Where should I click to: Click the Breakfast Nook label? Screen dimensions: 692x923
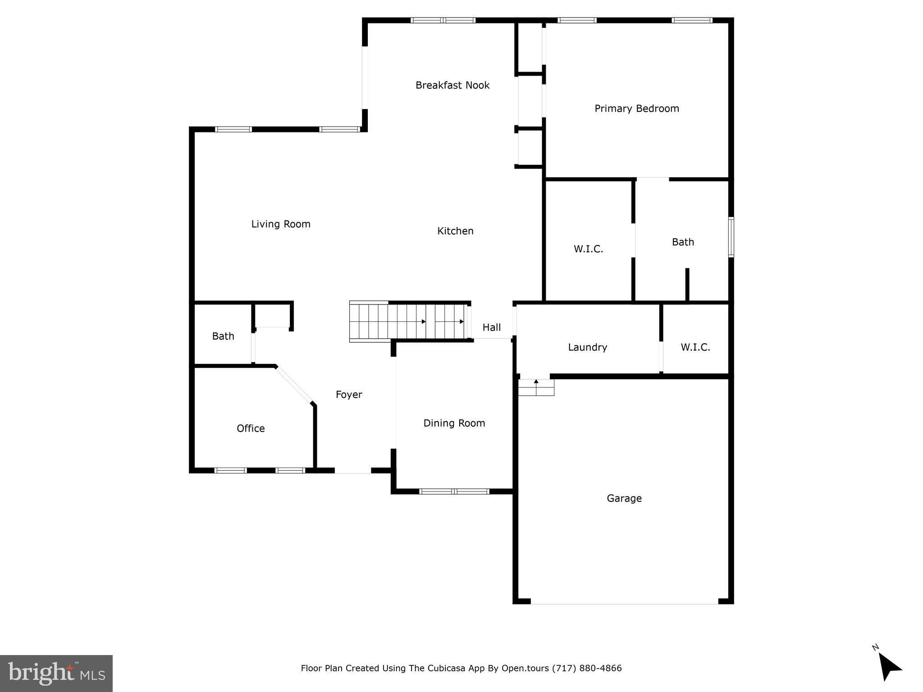click(x=452, y=85)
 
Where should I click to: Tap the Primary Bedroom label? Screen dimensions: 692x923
click(x=636, y=109)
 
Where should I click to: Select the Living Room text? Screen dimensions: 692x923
click(x=280, y=224)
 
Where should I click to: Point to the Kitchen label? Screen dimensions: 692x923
click(x=455, y=231)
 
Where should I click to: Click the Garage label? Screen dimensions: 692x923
click(x=624, y=498)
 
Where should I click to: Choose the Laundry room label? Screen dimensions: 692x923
click(x=587, y=347)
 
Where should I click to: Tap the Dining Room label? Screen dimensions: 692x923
click(x=454, y=423)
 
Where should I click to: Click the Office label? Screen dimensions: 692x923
click(x=251, y=428)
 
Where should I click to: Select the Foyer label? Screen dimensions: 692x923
click(x=349, y=395)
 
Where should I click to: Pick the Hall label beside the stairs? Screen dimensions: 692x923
click(x=491, y=328)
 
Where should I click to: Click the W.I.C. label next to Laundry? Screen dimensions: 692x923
click(x=695, y=347)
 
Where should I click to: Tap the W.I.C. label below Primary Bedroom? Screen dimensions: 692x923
click(x=588, y=249)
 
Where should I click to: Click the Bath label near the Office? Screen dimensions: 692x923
click(x=223, y=336)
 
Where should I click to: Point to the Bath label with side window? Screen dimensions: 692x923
click(x=682, y=242)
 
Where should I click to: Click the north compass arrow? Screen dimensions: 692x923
click(x=889, y=678)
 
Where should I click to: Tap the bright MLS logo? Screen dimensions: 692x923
click(x=56, y=674)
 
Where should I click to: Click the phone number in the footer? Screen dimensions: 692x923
click(x=587, y=668)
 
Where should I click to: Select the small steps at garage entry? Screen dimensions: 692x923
click(x=536, y=387)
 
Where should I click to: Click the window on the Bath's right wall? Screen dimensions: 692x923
click(x=731, y=237)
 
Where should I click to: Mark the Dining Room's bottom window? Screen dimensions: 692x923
click(x=454, y=492)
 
